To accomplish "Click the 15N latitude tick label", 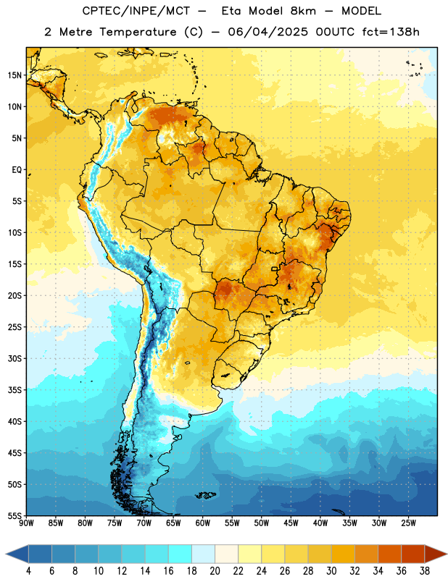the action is pyautogui.click(x=14, y=75).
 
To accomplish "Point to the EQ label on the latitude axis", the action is pyautogui.click(x=17, y=170).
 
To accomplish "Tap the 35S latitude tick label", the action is pyautogui.click(x=14, y=390).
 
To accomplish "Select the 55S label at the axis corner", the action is pyautogui.click(x=14, y=515).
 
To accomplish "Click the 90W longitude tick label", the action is pyautogui.click(x=26, y=523).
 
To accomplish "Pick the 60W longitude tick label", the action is pyautogui.click(x=203, y=523).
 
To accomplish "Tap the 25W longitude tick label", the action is pyautogui.click(x=408, y=523).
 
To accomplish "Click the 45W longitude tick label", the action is pyautogui.click(x=291, y=523).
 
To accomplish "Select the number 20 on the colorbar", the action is pyautogui.click(x=215, y=571).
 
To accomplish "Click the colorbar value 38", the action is pyautogui.click(x=425, y=571).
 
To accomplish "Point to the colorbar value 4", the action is pyautogui.click(x=28, y=571).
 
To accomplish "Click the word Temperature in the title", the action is pyautogui.click(x=138, y=32).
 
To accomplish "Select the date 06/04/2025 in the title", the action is pyautogui.click(x=267, y=32).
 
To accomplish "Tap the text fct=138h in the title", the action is pyautogui.click(x=391, y=32).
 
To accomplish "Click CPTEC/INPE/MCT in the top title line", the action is pyautogui.click(x=136, y=11).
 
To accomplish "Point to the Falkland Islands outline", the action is pyautogui.click(x=206, y=495).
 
